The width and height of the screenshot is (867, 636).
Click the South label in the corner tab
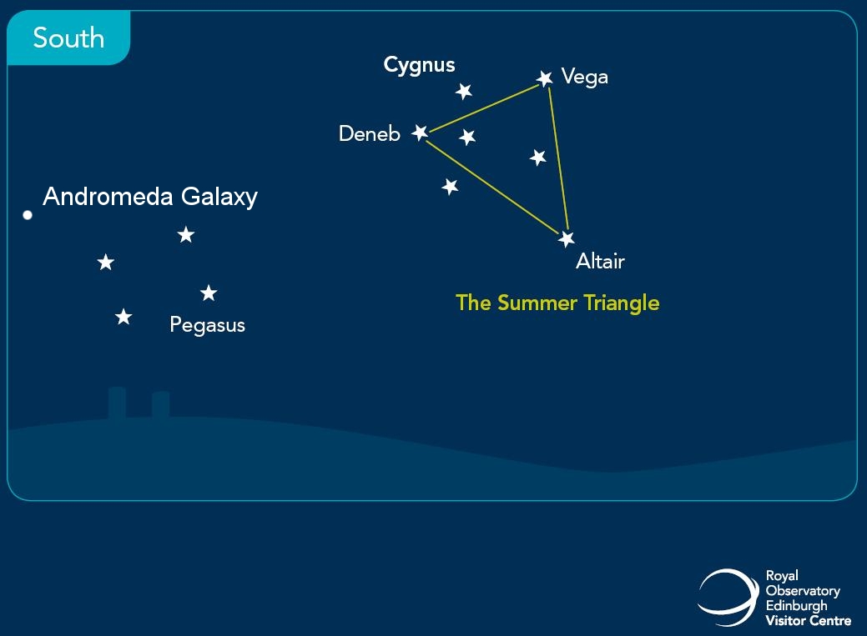click(68, 38)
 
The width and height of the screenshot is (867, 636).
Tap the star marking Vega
click(545, 78)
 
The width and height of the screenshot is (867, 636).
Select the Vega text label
click(584, 78)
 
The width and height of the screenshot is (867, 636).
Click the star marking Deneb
click(421, 133)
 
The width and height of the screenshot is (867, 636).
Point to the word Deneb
click(370, 133)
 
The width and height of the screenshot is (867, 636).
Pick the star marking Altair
click(567, 238)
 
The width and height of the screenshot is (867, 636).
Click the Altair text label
click(601, 261)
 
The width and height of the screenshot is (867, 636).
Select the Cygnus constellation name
click(419, 66)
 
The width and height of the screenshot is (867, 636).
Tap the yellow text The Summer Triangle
click(557, 303)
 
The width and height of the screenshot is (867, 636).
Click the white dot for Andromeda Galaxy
click(28, 215)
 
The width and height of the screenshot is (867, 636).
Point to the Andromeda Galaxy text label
click(150, 197)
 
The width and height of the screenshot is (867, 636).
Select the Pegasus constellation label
click(207, 325)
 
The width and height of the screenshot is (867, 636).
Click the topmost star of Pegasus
click(186, 234)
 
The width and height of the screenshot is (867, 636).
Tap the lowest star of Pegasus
click(123, 317)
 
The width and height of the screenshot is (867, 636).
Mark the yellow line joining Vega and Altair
click(558, 158)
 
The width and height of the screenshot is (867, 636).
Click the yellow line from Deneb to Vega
click(484, 108)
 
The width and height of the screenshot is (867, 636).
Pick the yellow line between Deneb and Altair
click(492, 188)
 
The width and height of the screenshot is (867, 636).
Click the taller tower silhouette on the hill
click(117, 403)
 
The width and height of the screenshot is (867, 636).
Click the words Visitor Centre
click(809, 620)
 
